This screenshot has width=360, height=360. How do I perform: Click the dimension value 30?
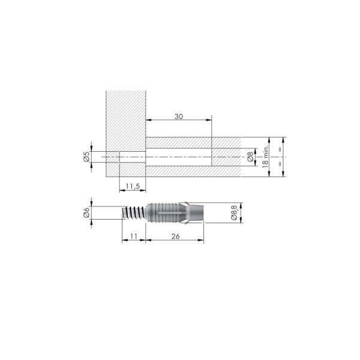(179, 116)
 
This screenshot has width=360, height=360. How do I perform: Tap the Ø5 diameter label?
(86, 157)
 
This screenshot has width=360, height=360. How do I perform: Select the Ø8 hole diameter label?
(250, 157)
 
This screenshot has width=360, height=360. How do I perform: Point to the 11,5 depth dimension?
(133, 187)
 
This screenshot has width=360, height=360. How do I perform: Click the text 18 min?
(265, 157)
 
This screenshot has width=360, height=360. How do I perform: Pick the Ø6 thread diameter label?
(86, 212)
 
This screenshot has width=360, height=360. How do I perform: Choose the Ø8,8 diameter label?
(234, 212)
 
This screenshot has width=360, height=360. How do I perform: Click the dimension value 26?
(175, 236)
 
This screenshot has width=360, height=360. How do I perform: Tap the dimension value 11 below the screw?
(134, 236)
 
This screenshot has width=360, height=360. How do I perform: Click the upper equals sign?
(280, 149)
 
